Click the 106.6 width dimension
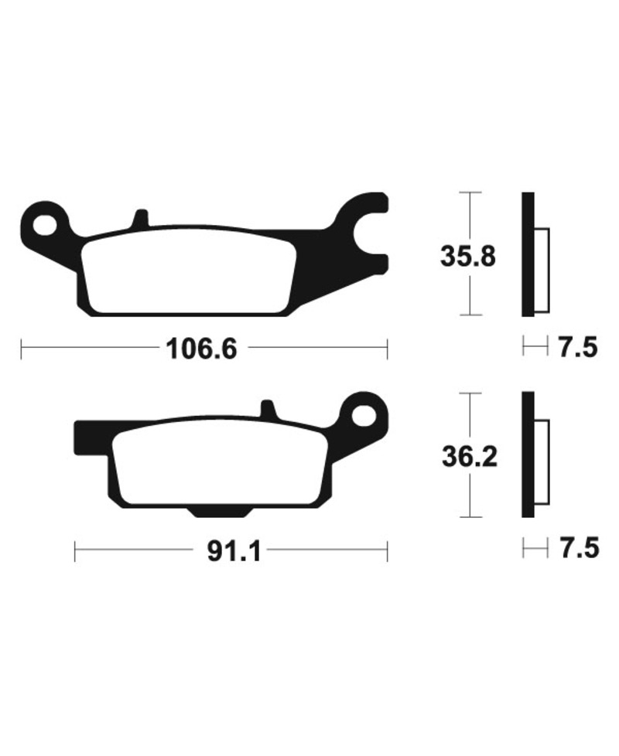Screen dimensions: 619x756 click(201, 349)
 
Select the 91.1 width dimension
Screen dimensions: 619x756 click(234, 551)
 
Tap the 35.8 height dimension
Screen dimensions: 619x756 click(467, 257)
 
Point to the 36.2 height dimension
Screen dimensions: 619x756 click(470, 456)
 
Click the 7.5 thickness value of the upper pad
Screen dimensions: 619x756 click(578, 347)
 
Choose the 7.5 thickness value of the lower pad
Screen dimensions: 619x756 click(579, 548)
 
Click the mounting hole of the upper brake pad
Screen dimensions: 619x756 click(45, 225)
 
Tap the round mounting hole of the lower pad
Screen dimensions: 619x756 click(364, 415)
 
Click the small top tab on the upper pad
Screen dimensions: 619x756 click(140, 217)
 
